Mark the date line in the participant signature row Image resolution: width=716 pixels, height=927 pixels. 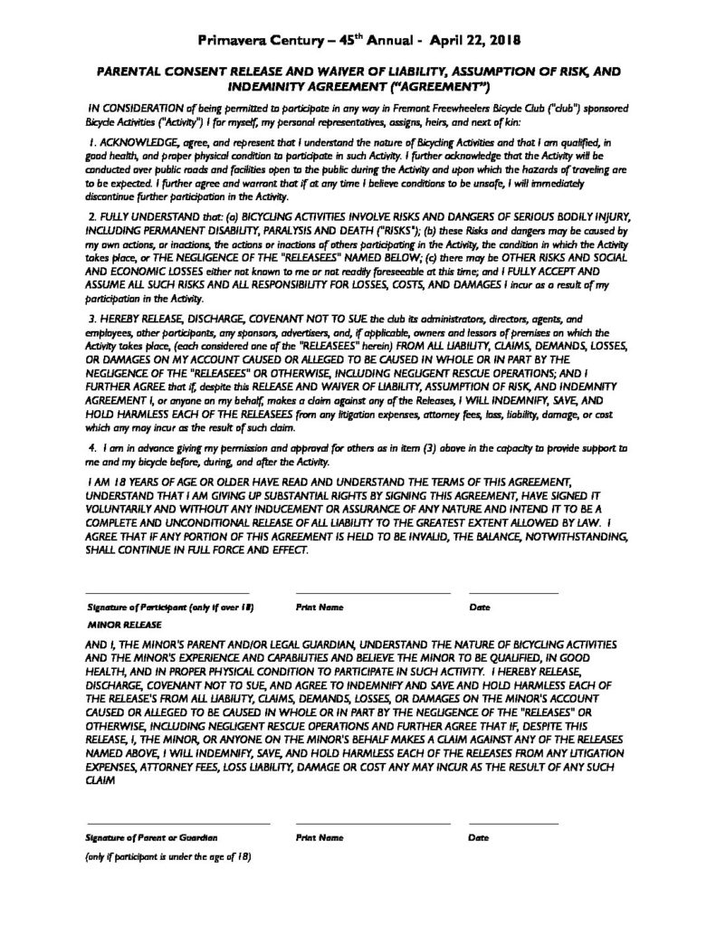pyautogui.click(x=513, y=594)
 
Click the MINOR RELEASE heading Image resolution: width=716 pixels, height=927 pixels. pyautogui.click(x=124, y=625)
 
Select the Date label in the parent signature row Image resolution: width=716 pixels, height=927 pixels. pyautogui.click(x=478, y=838)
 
